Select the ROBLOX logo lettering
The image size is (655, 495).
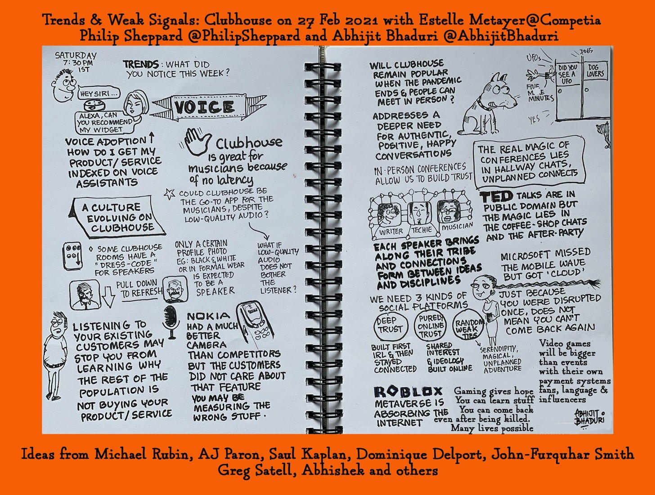coord(408,392)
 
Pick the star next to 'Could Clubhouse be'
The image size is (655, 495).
coord(170,194)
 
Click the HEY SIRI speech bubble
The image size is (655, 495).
coord(99,93)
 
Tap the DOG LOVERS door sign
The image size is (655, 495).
coord(595,71)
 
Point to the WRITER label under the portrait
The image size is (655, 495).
coord(391,232)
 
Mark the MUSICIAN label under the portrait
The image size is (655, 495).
coord(457,227)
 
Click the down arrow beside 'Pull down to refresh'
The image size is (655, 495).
coord(108,297)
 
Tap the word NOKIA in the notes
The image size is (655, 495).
coord(208,316)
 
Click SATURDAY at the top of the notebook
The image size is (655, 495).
coord(76,56)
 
